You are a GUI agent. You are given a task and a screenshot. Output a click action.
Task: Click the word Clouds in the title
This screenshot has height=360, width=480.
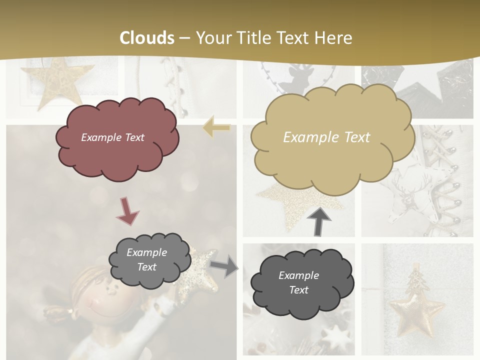pos(147,38)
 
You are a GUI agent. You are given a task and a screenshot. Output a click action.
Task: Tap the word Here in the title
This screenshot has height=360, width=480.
pos(333,38)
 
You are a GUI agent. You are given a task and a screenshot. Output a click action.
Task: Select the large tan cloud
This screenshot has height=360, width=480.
pos(332,160)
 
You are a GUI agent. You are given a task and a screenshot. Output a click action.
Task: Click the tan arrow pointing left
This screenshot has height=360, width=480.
pos(216,128)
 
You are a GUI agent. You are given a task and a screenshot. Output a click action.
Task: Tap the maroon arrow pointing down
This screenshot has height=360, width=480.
pos(128,210)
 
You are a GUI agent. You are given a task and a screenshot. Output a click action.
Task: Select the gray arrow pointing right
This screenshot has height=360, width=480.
pos(224,265)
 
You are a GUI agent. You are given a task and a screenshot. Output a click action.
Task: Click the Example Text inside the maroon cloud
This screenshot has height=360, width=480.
pos(112,137)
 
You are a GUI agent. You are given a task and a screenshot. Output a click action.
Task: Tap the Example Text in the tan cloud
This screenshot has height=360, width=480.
pos(326,137)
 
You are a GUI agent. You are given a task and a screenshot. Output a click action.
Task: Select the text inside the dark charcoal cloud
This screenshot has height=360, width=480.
pos(298,282)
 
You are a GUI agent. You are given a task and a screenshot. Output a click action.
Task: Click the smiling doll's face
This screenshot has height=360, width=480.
pos(97,299)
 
